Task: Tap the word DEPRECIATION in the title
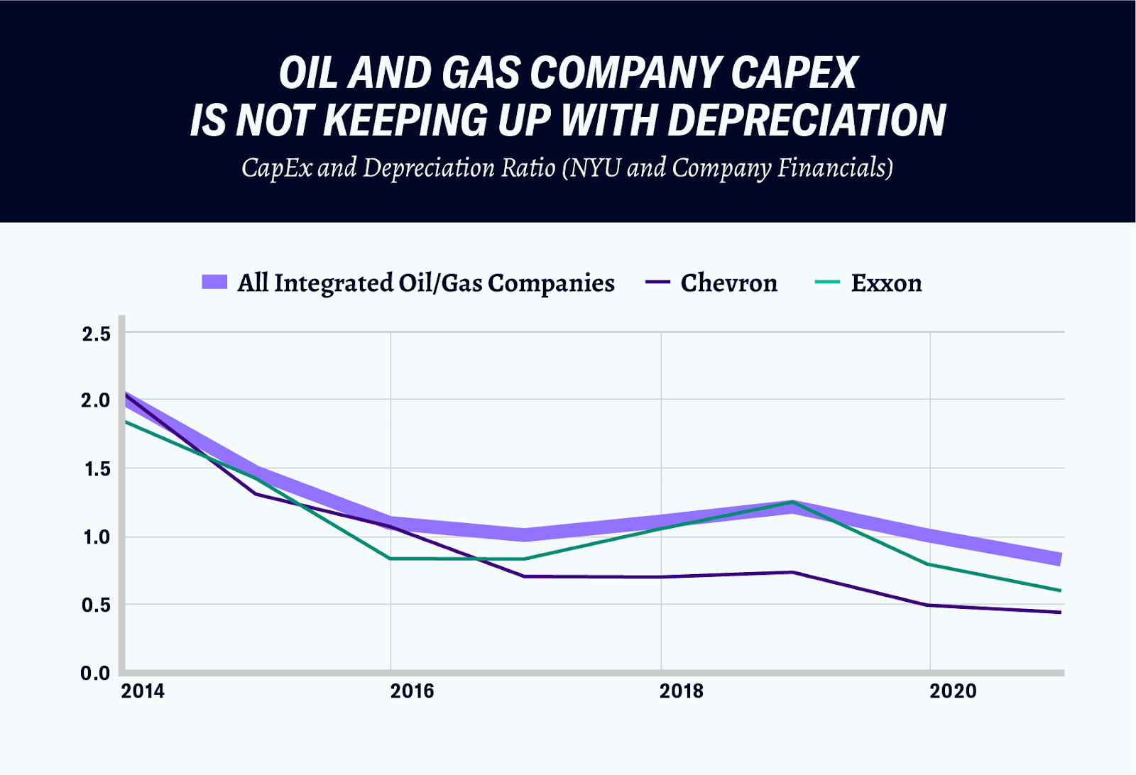[x=807, y=120]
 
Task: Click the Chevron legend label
[x=728, y=283]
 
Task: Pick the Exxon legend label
[x=886, y=283]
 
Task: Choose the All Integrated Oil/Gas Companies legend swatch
[x=214, y=282]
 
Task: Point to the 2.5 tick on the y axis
[x=97, y=334]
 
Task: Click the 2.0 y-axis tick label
[x=97, y=401]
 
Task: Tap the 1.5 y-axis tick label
[x=97, y=469]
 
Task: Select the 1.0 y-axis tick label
[x=97, y=537]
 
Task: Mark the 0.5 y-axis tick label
[x=97, y=605]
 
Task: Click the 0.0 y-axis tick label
[x=97, y=673]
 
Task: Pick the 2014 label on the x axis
[x=143, y=691]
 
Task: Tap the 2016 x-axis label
[x=412, y=691]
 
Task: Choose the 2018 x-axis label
[x=682, y=691]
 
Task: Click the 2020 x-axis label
[x=953, y=691]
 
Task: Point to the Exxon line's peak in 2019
[x=792, y=502]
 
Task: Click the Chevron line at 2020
[x=929, y=605]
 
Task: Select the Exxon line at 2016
[x=390, y=559]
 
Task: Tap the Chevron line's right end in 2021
[x=1060, y=612]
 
